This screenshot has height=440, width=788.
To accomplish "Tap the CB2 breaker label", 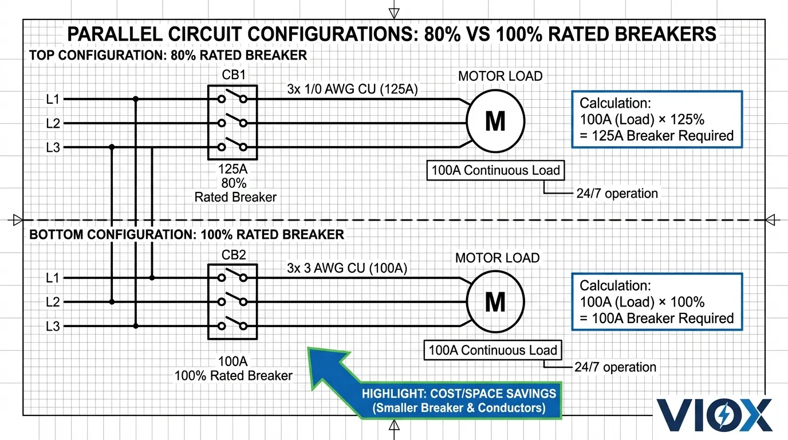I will pyautogui.click(x=233, y=255).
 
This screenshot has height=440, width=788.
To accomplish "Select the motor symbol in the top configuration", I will pyautogui.click(x=495, y=121).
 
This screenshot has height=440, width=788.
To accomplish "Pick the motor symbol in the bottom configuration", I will pyautogui.click(x=495, y=301).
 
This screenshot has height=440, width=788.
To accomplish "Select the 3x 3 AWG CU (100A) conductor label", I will pyautogui.click(x=347, y=268).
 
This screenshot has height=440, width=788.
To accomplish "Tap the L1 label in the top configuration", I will pyautogui.click(x=53, y=99).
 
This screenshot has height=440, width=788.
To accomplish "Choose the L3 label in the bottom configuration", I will pyautogui.click(x=53, y=327).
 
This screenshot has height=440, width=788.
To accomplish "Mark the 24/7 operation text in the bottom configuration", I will pyautogui.click(x=616, y=367).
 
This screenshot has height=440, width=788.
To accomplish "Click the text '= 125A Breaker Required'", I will pyautogui.click(x=656, y=136).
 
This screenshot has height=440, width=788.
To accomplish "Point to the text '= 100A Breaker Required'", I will pyautogui.click(x=656, y=319).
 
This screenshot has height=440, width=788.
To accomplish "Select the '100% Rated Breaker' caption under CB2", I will pyautogui.click(x=233, y=376).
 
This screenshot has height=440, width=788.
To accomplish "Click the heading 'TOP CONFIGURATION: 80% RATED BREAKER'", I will pyautogui.click(x=168, y=56).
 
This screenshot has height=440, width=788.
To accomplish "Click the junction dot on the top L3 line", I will pyautogui.click(x=112, y=147).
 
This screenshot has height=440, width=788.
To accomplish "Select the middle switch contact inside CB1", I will pyautogui.click(x=233, y=122).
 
